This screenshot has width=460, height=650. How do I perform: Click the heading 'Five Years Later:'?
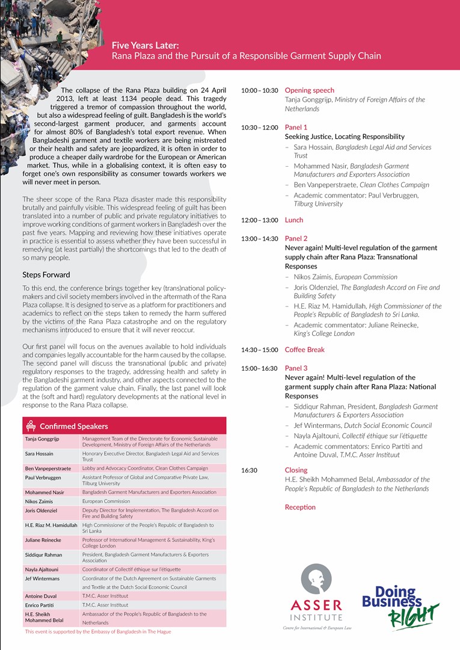tap(145, 45)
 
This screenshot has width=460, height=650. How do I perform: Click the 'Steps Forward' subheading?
tap(46, 274)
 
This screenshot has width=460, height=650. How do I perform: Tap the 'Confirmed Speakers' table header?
tap(74, 426)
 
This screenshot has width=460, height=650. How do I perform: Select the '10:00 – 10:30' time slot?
tap(259, 91)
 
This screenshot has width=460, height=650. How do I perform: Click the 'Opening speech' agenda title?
tap(309, 90)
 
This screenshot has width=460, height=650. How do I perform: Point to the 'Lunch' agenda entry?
tap(294, 220)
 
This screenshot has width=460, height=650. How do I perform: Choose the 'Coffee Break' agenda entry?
tap(304, 350)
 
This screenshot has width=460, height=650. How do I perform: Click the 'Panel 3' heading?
tap(296, 368)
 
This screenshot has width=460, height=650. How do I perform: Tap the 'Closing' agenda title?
tap(296, 470)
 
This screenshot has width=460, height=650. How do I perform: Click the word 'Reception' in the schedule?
tap(300, 507)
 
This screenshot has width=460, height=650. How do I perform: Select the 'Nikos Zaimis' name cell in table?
tap(40, 501)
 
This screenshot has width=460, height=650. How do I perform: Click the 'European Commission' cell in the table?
tap(106, 501)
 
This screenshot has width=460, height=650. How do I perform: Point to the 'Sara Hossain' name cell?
tap(39, 454)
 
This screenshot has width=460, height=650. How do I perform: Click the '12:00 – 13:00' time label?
tap(259, 220)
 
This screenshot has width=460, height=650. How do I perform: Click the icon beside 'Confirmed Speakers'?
tap(31, 426)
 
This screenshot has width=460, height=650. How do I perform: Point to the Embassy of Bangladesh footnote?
tap(98, 632)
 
